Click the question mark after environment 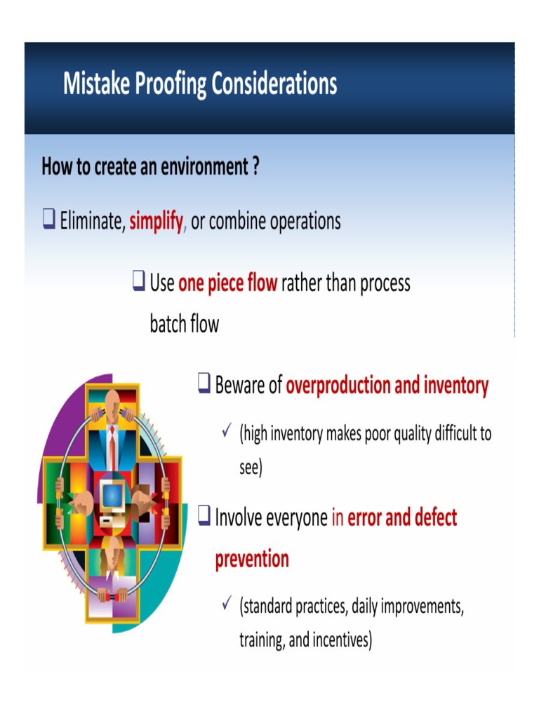(256, 167)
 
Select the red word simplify (156, 222)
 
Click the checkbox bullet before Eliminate (48, 220)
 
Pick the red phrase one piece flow (228, 283)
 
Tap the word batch (168, 324)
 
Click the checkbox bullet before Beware (204, 384)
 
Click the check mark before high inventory (227, 433)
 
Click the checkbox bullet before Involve (204, 517)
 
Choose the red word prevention (252, 560)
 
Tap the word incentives (340, 639)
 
